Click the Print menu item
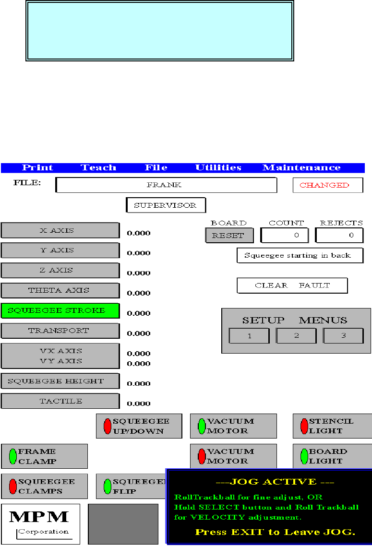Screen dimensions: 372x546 pyautogui.click(x=37, y=168)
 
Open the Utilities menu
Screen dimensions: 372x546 pyautogui.click(x=218, y=168)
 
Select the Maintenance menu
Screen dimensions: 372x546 pyautogui.click(x=301, y=168)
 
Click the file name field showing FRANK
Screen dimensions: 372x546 pyautogui.click(x=166, y=185)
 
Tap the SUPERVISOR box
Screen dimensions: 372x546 pyautogui.click(x=166, y=205)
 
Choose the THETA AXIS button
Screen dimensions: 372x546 pyautogui.click(x=60, y=290)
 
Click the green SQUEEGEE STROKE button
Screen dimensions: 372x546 pyautogui.click(x=60, y=310)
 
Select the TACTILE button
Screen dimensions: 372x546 pyautogui.click(x=60, y=401)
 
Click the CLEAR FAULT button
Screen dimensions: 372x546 pyautogui.click(x=292, y=285)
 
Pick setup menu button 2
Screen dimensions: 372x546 pyautogui.click(x=296, y=336)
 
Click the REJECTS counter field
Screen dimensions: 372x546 pyautogui.click(x=339, y=235)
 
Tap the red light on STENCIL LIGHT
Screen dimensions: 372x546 pyautogui.click(x=304, y=426)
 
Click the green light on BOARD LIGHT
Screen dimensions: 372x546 pyautogui.click(x=304, y=456)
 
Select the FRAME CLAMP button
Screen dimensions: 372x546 pyautogui.click(x=44, y=456)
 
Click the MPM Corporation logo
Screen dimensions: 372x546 pyautogui.click(x=40, y=523)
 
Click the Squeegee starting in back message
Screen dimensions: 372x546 pyautogui.click(x=300, y=255)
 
